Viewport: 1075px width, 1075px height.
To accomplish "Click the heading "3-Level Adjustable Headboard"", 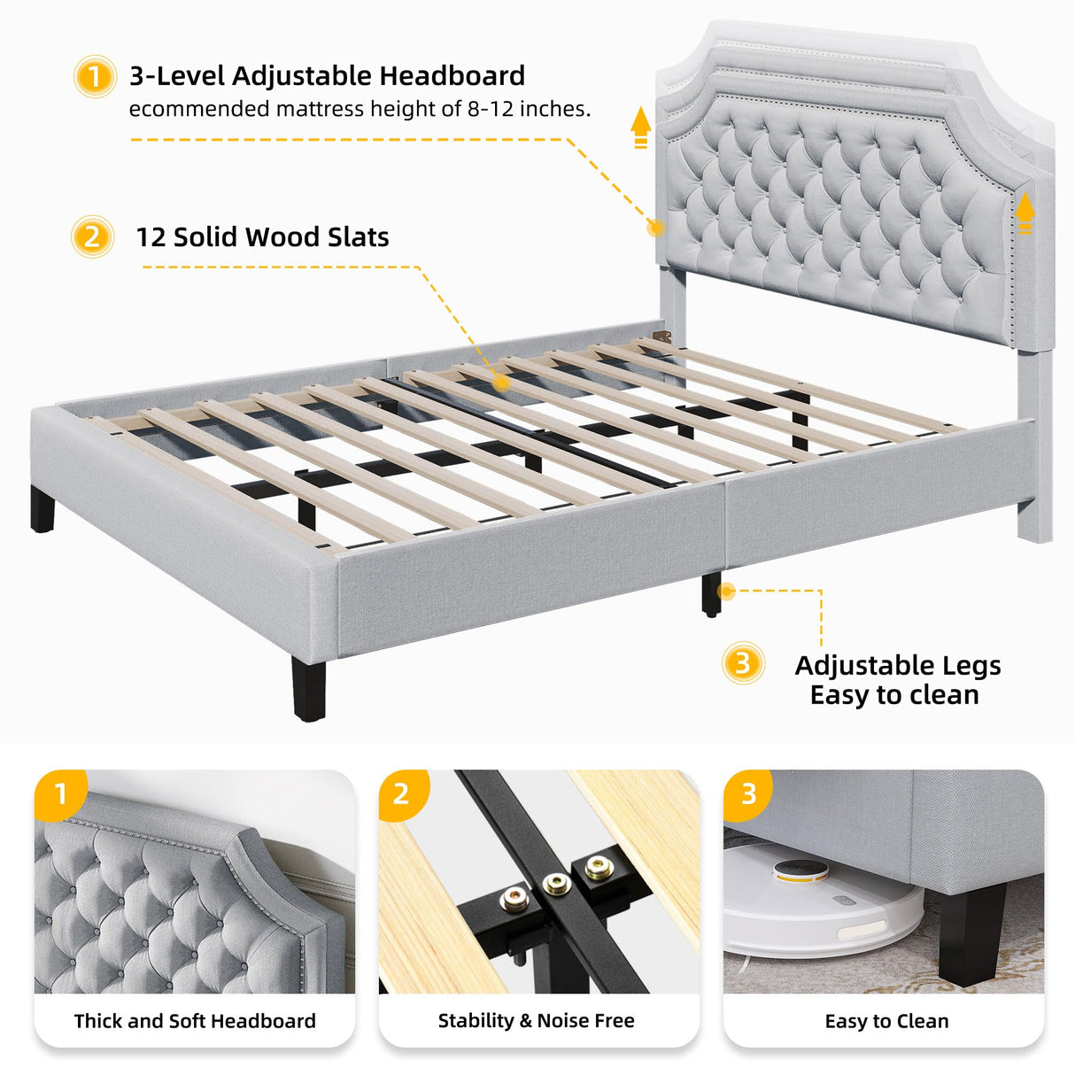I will click(x=327, y=76).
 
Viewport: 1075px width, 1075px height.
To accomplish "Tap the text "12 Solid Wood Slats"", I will click(x=262, y=237).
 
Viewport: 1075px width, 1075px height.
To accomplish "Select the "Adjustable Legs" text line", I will click(x=897, y=665).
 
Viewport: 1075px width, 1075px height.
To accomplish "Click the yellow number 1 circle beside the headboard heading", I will click(x=94, y=77).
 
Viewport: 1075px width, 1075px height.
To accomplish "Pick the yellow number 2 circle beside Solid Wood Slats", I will click(x=92, y=237).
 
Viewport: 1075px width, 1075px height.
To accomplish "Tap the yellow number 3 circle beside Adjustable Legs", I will click(x=743, y=663).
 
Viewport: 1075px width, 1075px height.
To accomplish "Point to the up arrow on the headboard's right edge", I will click(x=1025, y=213).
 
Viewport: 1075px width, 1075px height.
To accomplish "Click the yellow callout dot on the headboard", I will click(x=655, y=228).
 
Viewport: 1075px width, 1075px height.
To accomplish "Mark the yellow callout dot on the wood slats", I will click(x=501, y=383).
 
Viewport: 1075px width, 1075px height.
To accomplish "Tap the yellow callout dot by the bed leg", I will click(x=726, y=591).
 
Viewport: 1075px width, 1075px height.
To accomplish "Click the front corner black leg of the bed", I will click(x=308, y=688).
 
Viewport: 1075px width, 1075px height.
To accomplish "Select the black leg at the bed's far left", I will click(x=43, y=510).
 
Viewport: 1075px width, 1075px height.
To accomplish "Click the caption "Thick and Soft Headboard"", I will click(x=195, y=1021).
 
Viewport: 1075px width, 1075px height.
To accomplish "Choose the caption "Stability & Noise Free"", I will click(x=536, y=1021).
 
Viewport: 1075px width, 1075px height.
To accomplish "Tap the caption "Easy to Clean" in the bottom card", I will click(x=886, y=1022).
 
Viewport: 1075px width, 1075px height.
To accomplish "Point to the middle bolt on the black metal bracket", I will click(x=556, y=883).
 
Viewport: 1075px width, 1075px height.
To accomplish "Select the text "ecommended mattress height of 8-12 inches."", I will click(x=360, y=109).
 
